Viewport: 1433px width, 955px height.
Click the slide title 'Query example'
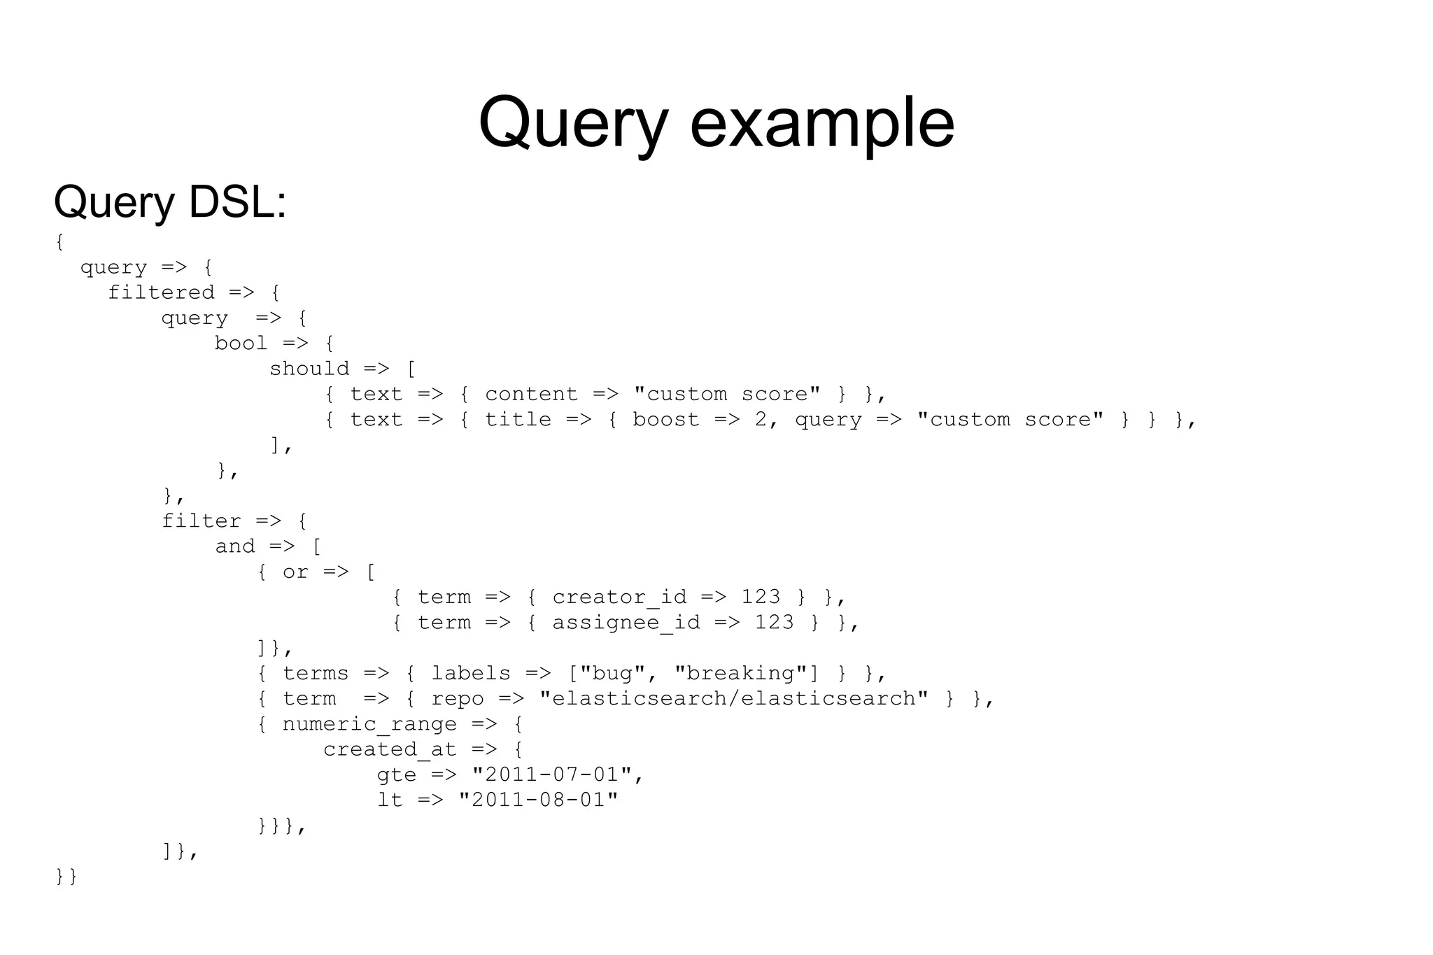(716, 123)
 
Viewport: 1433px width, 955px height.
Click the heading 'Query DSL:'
(170, 202)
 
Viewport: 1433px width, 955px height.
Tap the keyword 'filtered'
(161, 292)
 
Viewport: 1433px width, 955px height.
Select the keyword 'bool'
(241, 344)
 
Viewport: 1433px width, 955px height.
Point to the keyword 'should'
(309, 369)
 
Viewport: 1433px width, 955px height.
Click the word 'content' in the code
(531, 394)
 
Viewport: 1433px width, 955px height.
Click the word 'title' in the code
(518, 420)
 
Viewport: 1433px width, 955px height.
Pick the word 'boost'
(665, 420)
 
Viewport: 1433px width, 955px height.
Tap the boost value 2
(761, 420)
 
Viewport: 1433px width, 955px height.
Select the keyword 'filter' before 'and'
(202, 521)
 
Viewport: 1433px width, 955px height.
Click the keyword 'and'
(235, 546)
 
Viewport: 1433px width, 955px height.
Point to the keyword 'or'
(295, 572)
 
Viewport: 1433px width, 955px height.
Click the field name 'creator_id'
(619, 597)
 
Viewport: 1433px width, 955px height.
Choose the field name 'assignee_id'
(626, 623)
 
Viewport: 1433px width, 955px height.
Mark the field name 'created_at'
(390, 750)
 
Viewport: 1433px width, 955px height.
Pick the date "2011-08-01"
(538, 800)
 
